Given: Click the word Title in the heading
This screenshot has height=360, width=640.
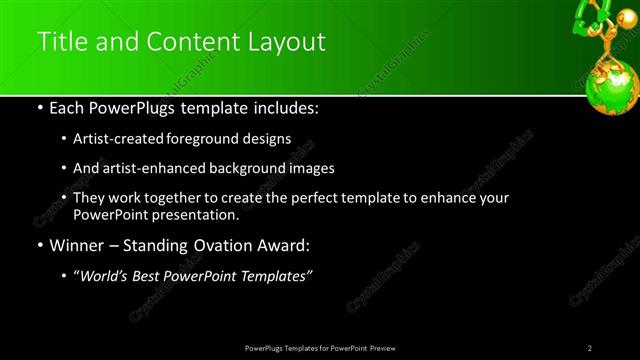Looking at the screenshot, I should pos(60,42).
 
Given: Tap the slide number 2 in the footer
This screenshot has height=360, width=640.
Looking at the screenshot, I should pos(590,348).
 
